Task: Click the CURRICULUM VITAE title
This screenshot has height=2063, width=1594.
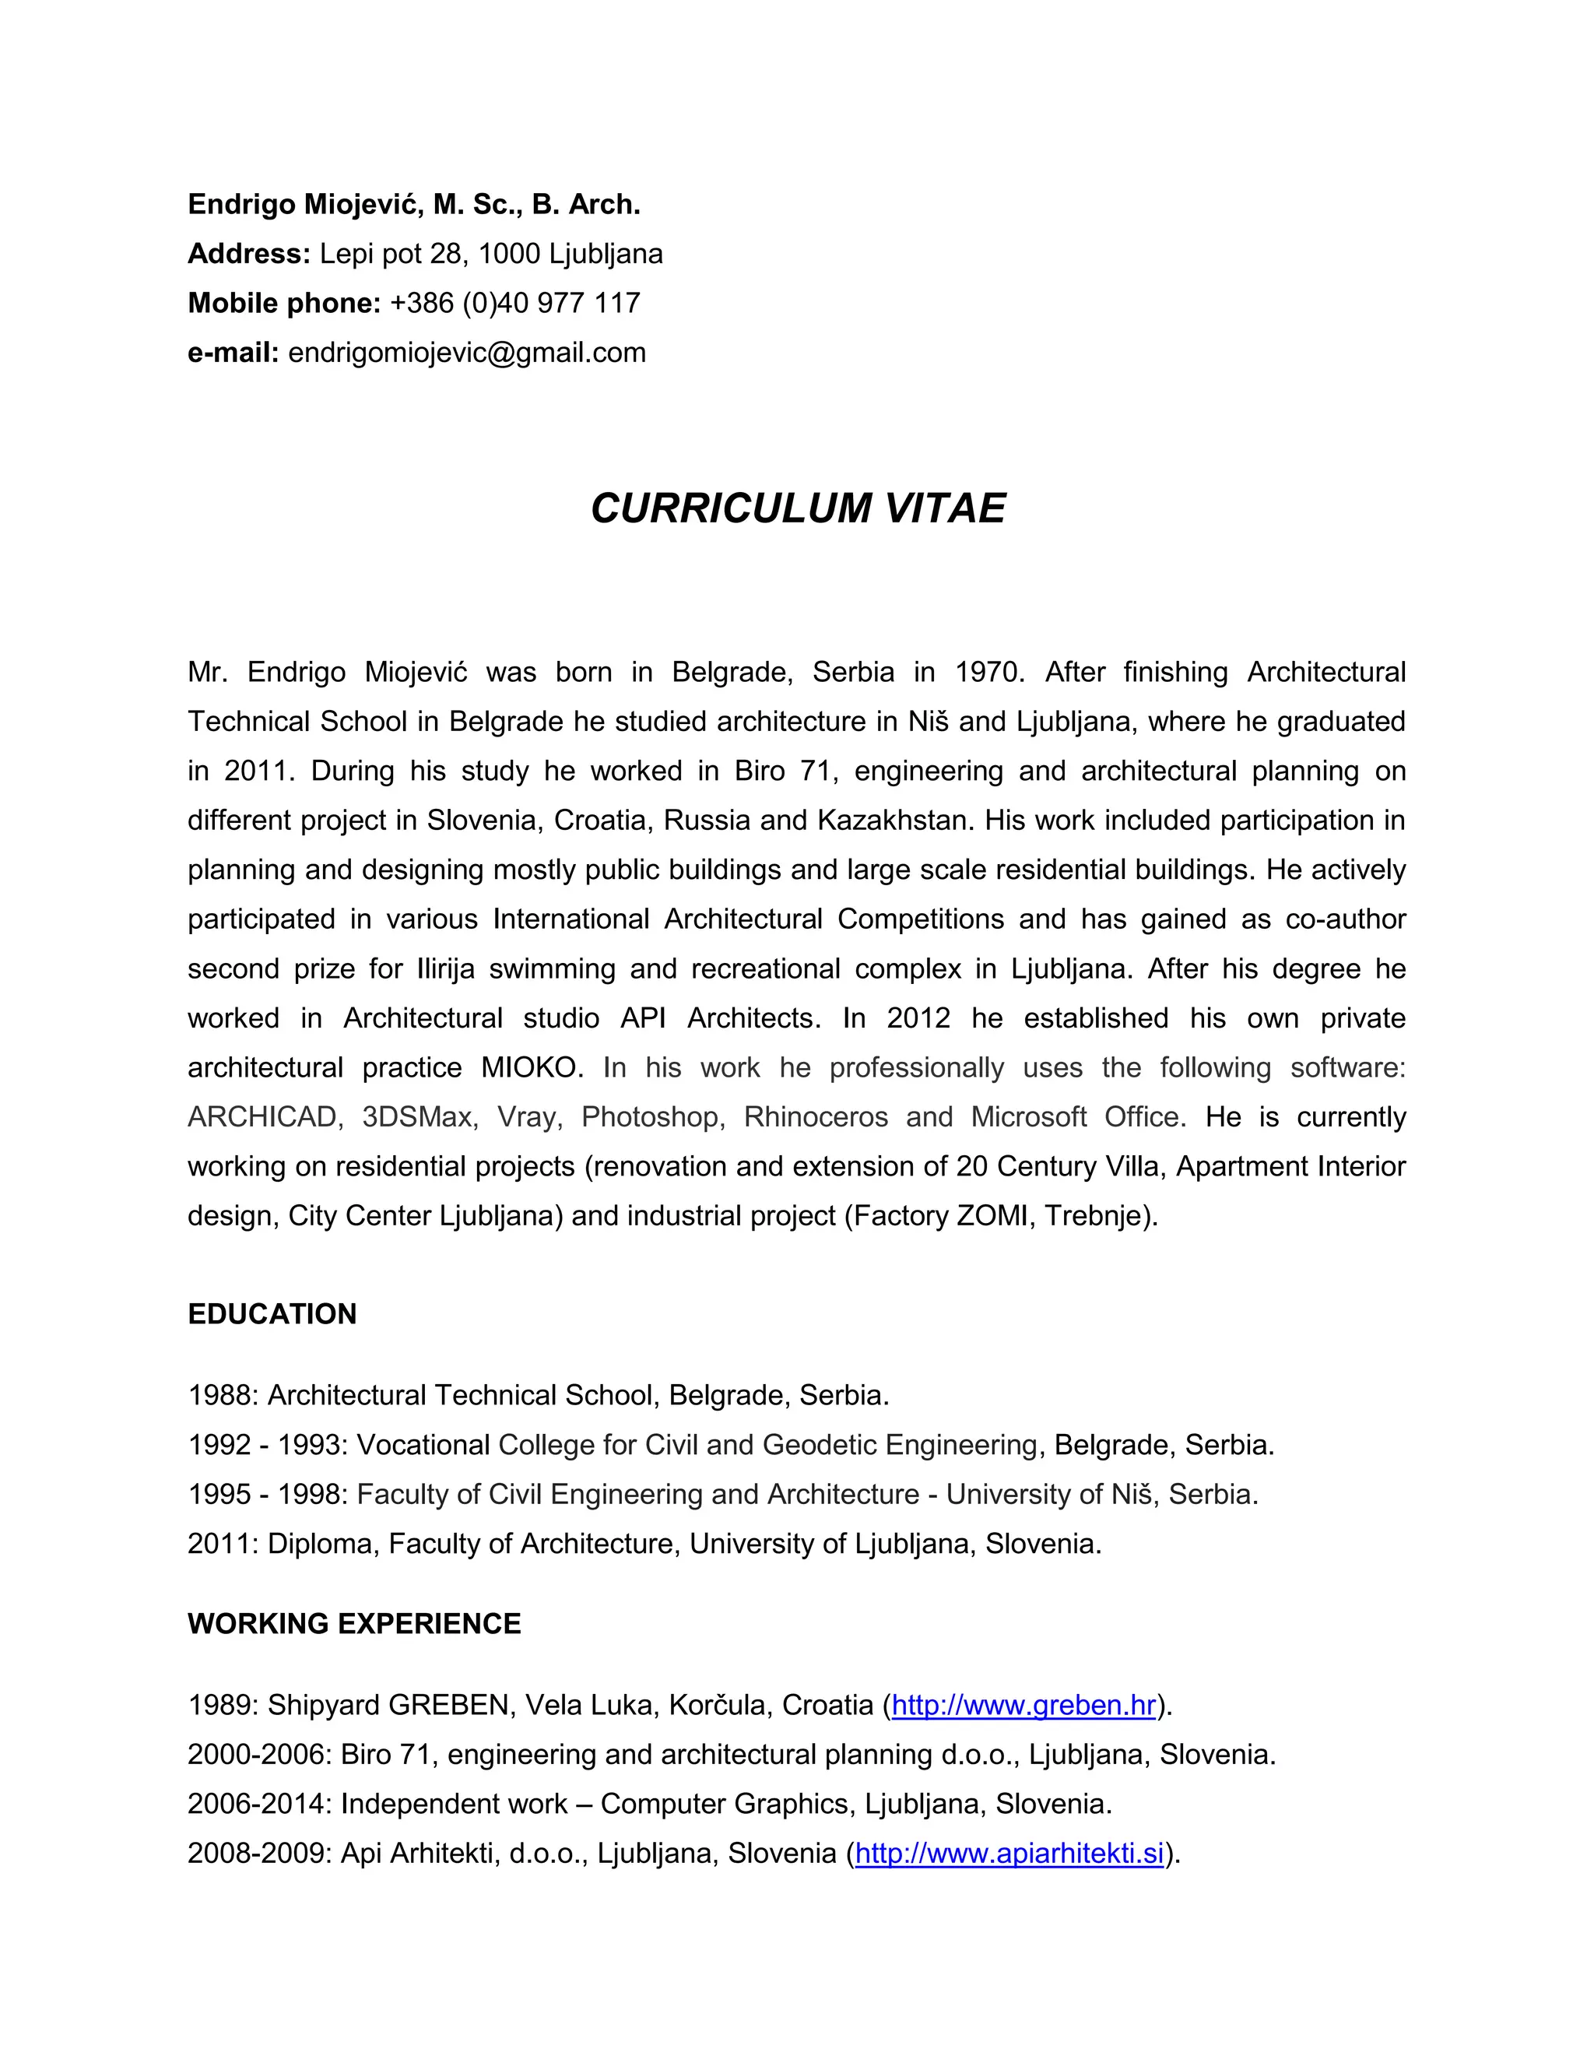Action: pyautogui.click(x=797, y=508)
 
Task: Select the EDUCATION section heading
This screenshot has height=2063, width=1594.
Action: pyautogui.click(x=272, y=1314)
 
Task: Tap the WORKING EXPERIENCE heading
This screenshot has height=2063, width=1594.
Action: pyautogui.click(x=354, y=1623)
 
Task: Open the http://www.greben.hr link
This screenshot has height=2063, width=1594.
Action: pyautogui.click(x=1023, y=1705)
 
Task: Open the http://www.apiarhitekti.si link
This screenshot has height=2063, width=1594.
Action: pyautogui.click(x=1009, y=1854)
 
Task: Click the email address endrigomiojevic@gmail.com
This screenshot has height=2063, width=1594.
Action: pyautogui.click(x=466, y=353)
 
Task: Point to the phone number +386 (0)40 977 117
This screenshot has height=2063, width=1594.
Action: pyautogui.click(x=514, y=303)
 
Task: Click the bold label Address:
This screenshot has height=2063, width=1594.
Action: pyautogui.click(x=248, y=254)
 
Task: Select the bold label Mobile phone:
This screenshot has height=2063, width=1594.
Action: pyautogui.click(x=283, y=303)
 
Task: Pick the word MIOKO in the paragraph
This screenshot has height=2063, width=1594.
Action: pyautogui.click(x=528, y=1067)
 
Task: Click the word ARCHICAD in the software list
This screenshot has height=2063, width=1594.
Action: pyautogui.click(x=262, y=1116)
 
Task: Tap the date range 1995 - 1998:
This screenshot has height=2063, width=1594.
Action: pyautogui.click(x=269, y=1493)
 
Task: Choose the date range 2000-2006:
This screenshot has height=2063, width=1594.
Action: pyautogui.click(x=258, y=1754)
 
